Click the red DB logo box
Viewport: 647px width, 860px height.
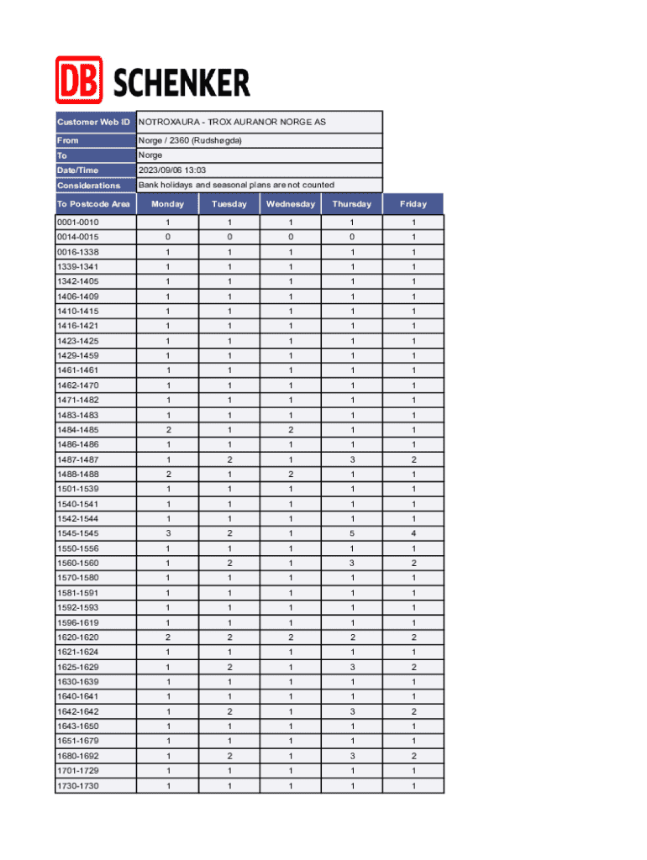point(79,80)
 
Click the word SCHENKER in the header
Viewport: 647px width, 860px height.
point(181,83)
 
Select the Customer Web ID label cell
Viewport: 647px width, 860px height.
point(94,122)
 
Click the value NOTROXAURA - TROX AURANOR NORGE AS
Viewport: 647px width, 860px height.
point(232,122)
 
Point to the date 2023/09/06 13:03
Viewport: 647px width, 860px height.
point(172,170)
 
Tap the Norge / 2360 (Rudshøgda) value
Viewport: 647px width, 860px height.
point(190,140)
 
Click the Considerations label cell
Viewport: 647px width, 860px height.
point(89,186)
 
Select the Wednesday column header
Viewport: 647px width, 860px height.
point(291,204)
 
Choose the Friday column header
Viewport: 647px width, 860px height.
point(413,204)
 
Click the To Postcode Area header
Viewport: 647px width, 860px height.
point(94,204)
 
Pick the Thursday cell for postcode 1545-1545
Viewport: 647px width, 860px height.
point(352,533)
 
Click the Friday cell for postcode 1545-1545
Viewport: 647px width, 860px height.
point(413,533)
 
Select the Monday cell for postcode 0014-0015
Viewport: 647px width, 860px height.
point(168,237)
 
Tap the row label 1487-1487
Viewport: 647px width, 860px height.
point(77,459)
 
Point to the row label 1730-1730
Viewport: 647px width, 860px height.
point(77,786)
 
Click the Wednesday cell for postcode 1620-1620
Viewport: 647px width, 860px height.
point(291,637)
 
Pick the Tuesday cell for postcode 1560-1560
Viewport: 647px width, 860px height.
point(229,564)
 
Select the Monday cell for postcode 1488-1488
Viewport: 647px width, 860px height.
point(168,475)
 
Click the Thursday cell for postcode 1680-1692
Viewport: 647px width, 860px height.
point(352,756)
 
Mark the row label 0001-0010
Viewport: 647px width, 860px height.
point(77,223)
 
